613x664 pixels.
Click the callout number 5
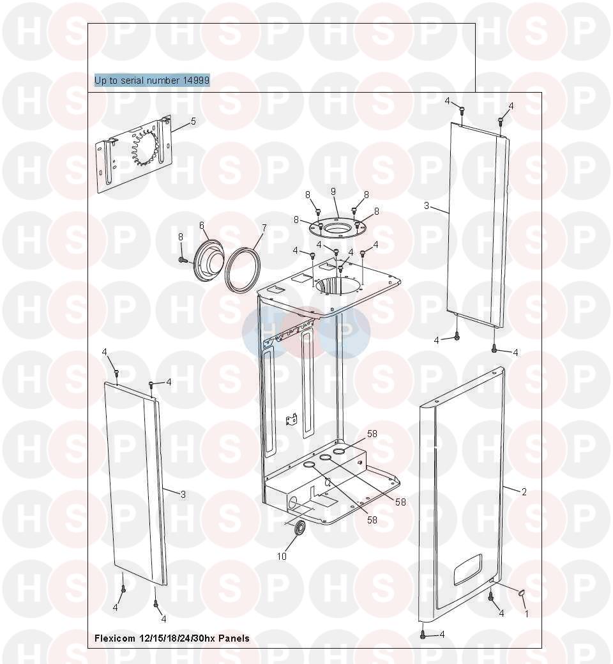point(193,121)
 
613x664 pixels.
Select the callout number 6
point(202,226)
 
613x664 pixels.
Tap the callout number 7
point(264,228)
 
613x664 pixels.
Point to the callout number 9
point(333,192)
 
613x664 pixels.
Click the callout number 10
point(282,557)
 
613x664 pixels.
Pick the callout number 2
point(524,491)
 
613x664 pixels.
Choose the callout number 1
point(527,614)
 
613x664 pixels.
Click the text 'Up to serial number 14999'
point(152,80)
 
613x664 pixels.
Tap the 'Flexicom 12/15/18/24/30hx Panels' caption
point(172,638)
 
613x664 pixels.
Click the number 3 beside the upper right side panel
point(427,206)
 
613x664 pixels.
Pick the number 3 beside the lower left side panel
point(183,494)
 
